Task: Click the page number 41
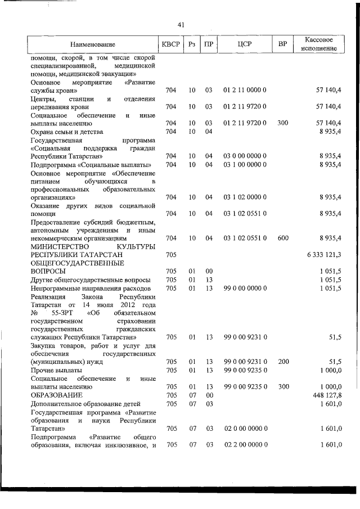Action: [x=181, y=24]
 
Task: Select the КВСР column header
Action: [x=170, y=44]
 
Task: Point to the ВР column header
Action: [x=282, y=44]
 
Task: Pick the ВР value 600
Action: [x=283, y=238]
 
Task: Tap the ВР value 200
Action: [x=283, y=362]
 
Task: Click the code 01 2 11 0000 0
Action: [x=244, y=90]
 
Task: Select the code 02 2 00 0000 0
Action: [x=244, y=445]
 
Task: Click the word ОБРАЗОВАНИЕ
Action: [x=57, y=395]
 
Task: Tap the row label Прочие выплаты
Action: [x=56, y=371]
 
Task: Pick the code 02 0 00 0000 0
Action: [x=244, y=429]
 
